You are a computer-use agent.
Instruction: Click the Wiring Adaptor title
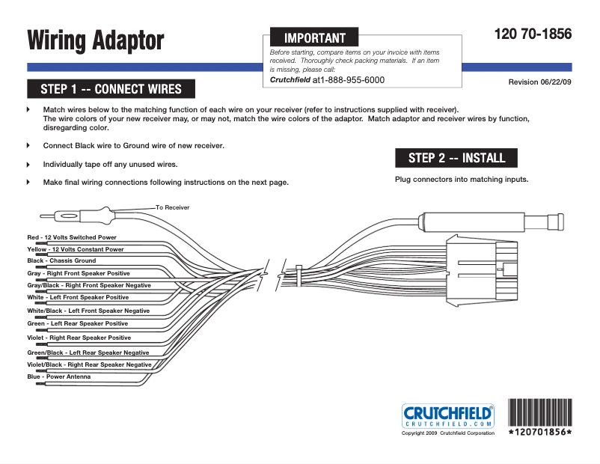pyautogui.click(x=96, y=40)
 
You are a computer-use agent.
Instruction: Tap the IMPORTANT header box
pyautogui.click(x=314, y=37)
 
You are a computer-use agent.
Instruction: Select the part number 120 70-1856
pyautogui.click(x=533, y=34)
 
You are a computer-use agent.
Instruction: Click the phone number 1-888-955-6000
pyautogui.click(x=352, y=79)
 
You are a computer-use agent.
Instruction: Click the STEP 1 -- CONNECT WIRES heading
pyautogui.click(x=111, y=89)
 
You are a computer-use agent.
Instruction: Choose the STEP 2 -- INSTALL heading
pyautogui.click(x=456, y=158)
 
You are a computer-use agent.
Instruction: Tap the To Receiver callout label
pyautogui.click(x=172, y=207)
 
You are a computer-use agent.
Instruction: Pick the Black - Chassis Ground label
pyautogui.click(x=61, y=261)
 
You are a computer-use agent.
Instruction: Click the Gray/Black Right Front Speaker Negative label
pyautogui.click(x=89, y=285)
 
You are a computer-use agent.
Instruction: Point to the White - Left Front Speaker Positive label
pyautogui.click(x=78, y=297)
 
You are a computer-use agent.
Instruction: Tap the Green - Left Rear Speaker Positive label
pyautogui.click(x=77, y=323)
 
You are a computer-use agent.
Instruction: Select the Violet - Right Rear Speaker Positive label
pyautogui.click(x=79, y=338)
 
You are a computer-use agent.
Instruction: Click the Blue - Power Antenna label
pyautogui.click(x=58, y=376)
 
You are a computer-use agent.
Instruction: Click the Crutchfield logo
pyautogui.click(x=448, y=416)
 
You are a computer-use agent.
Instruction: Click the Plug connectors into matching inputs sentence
pyautogui.click(x=462, y=180)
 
